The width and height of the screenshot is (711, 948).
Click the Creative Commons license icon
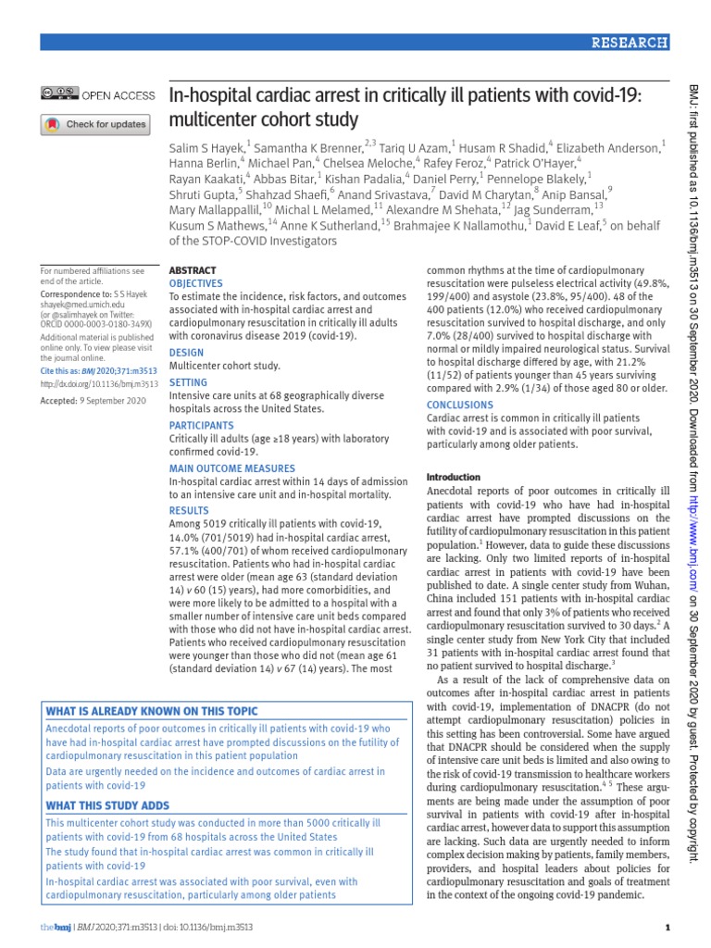click(59, 94)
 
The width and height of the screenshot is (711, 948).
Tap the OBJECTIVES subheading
click(196, 283)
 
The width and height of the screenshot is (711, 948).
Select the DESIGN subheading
click(186, 354)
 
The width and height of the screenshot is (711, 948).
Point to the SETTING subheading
click(188, 381)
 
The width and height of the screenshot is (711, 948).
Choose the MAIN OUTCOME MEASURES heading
click(231, 468)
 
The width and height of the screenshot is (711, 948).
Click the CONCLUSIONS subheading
click(460, 405)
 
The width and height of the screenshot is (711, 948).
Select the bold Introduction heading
click(454, 477)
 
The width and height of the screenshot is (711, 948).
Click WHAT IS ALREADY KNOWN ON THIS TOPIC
click(152, 710)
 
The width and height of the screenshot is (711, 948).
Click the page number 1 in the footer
click(667, 927)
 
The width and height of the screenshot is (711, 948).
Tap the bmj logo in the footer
click(53, 927)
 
